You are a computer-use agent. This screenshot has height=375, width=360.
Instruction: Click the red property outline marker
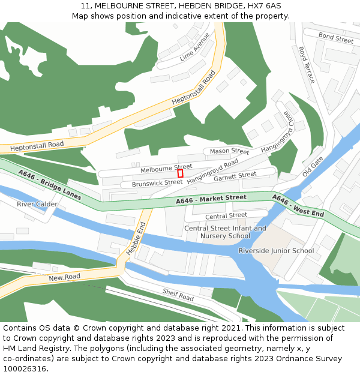(x=180, y=173)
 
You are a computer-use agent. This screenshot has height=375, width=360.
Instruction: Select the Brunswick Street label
(x=157, y=182)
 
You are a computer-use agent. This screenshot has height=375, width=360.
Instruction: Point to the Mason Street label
(x=229, y=151)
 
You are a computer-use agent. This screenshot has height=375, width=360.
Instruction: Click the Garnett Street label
(x=235, y=176)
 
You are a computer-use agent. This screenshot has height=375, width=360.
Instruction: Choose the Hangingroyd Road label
(x=212, y=171)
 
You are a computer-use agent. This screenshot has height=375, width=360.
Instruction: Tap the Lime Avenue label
(x=194, y=47)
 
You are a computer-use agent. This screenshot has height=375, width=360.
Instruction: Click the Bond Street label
(x=336, y=38)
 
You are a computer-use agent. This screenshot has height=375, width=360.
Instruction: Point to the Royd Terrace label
(x=306, y=65)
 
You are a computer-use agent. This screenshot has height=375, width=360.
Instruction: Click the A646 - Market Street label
(x=211, y=199)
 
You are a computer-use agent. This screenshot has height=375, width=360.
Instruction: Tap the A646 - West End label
(x=298, y=205)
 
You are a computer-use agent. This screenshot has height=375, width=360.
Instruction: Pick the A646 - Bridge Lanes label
(x=50, y=185)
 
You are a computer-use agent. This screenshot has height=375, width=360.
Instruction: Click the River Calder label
(x=37, y=204)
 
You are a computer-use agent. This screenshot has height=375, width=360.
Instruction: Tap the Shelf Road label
(x=178, y=294)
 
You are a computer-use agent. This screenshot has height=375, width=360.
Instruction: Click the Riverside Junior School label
(x=276, y=251)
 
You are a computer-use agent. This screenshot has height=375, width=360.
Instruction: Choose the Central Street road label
(x=226, y=215)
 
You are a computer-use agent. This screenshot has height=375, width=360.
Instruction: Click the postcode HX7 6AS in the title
(x=264, y=5)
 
